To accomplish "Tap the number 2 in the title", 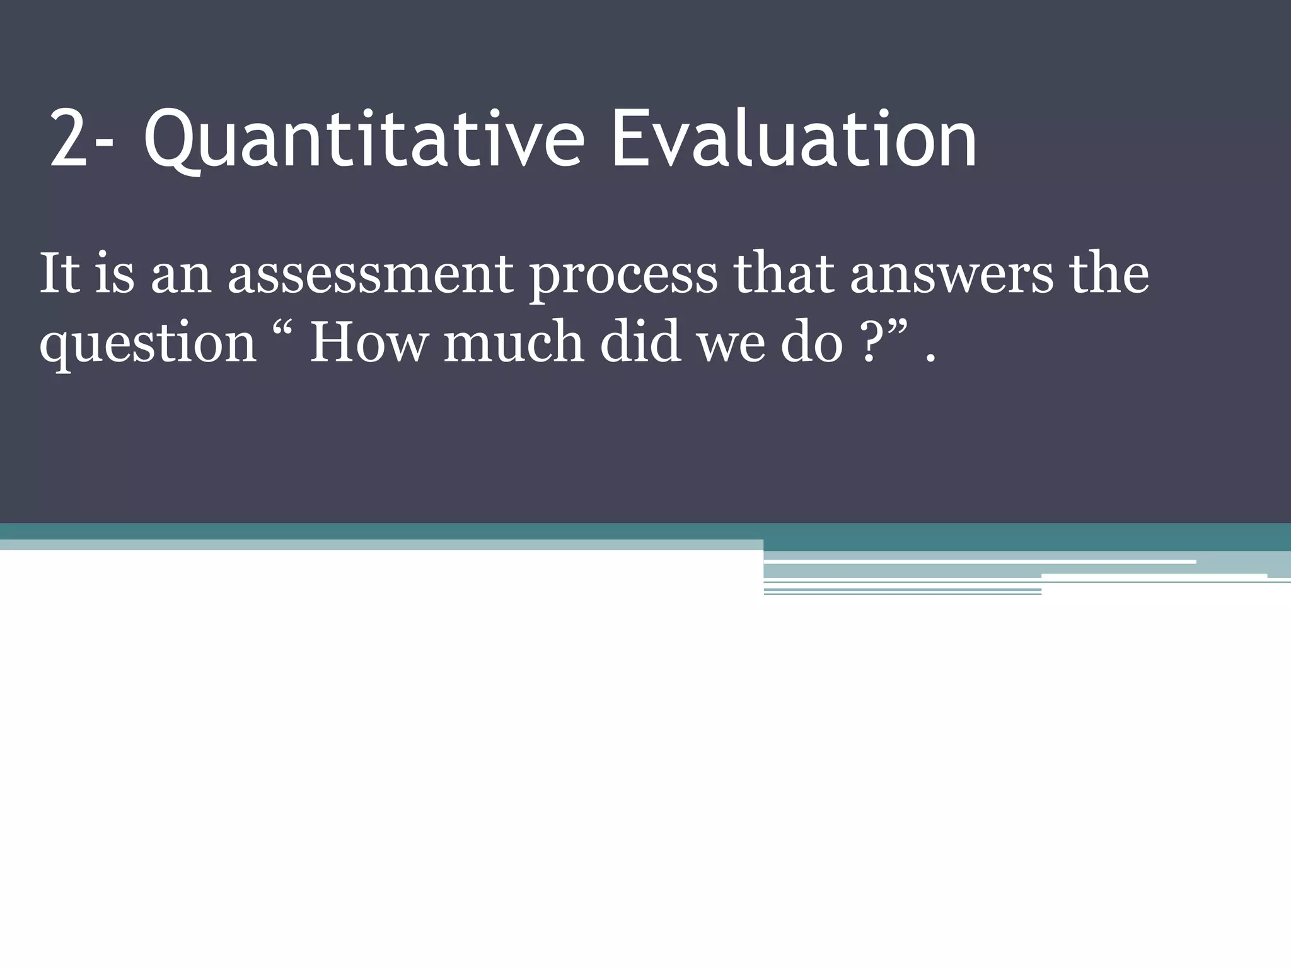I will [68, 140].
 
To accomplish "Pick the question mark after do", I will [871, 344].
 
